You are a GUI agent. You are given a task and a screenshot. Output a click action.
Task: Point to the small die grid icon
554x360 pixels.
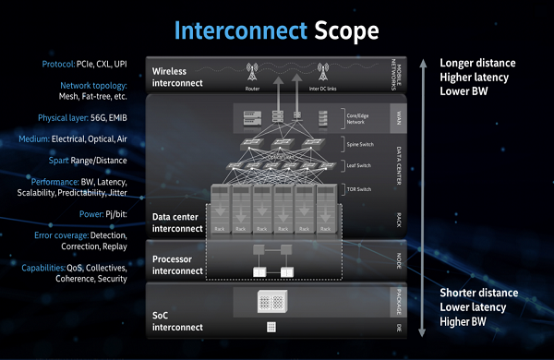pos(272,327)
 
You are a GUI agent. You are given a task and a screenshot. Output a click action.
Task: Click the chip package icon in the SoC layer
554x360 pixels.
pos(272,300)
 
